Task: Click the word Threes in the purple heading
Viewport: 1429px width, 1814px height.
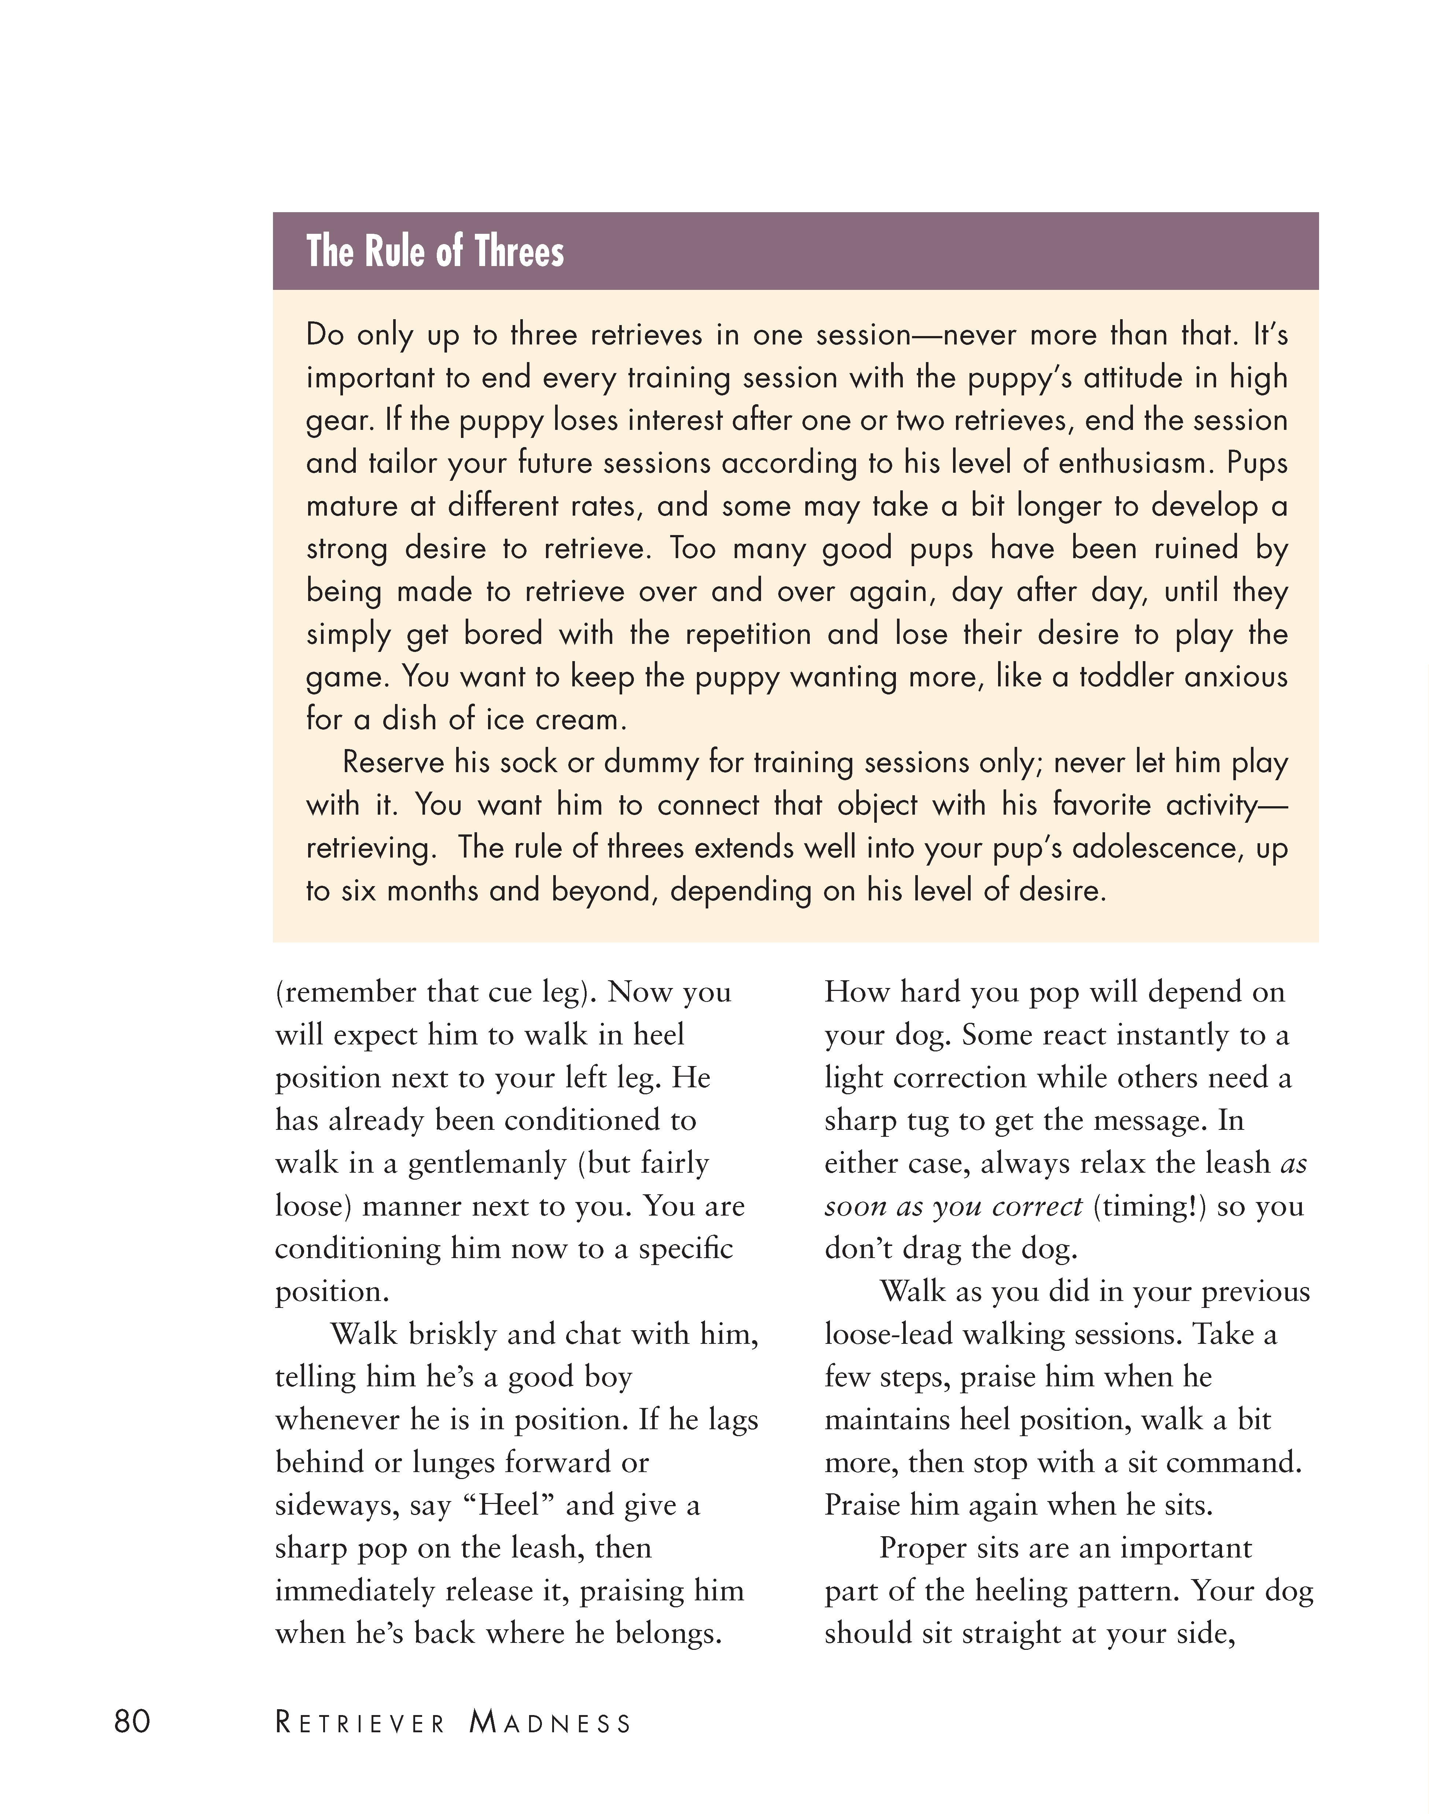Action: [x=520, y=251]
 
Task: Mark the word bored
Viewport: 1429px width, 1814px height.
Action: [x=504, y=633]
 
